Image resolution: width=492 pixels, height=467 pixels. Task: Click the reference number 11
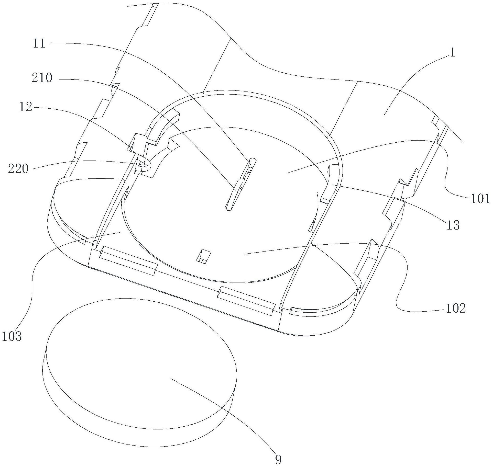39,43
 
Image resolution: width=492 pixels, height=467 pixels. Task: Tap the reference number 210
42,78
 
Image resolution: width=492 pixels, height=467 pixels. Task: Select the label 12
26,107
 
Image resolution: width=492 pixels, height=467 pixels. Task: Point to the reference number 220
18,169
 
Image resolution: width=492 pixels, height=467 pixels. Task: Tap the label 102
456,309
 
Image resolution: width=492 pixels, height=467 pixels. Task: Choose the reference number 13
453,225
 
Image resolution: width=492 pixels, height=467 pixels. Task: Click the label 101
480,198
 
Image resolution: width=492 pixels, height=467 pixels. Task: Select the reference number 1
452,53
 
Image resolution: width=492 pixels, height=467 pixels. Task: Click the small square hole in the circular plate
203,256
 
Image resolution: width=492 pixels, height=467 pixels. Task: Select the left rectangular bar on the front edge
128,260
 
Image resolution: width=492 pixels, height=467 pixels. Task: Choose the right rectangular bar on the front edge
246,300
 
